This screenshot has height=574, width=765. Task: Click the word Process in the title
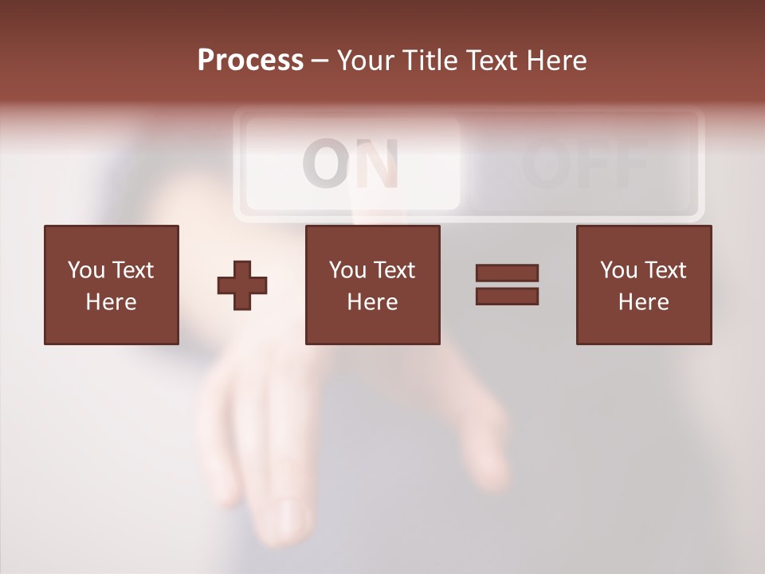click(x=250, y=61)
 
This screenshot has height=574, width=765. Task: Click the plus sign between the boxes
click(x=242, y=285)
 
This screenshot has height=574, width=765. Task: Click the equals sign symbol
click(x=507, y=285)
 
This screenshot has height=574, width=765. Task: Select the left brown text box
click(x=112, y=285)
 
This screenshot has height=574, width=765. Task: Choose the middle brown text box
click(x=372, y=285)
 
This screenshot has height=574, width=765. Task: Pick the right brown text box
click(x=643, y=285)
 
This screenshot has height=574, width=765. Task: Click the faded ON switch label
click(x=351, y=163)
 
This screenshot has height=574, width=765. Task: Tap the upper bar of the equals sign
click(x=507, y=273)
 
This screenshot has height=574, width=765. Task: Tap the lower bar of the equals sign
click(x=507, y=296)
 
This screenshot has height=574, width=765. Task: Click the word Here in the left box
click(x=112, y=302)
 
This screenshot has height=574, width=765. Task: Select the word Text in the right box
click(x=665, y=270)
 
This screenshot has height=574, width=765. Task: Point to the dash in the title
click(x=320, y=61)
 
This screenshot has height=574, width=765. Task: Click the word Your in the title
click(x=367, y=61)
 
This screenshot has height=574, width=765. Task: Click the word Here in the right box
click(x=643, y=302)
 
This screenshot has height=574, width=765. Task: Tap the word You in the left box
click(x=86, y=270)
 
